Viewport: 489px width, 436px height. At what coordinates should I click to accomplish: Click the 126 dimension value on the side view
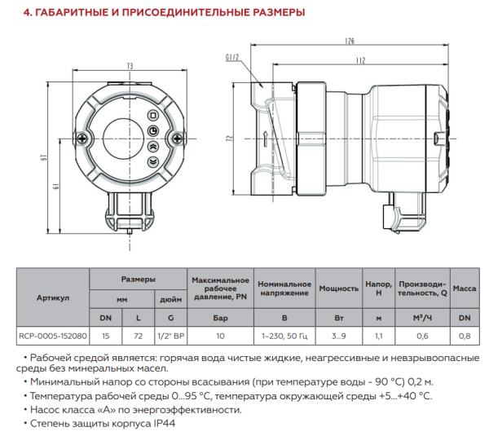click(350, 40)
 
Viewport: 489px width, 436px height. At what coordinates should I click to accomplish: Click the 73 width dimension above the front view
click(130, 65)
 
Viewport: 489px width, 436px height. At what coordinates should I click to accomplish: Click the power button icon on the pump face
click(152, 132)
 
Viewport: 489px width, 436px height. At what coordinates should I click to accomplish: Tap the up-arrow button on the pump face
click(152, 148)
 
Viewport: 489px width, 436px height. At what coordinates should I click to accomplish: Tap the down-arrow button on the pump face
click(152, 162)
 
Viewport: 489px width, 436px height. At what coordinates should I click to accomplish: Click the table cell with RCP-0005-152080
click(53, 334)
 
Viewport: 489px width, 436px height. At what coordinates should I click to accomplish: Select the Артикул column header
click(53, 297)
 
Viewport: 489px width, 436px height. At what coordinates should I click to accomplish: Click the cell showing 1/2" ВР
click(170, 334)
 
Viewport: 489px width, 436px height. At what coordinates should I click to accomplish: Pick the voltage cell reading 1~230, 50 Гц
click(284, 334)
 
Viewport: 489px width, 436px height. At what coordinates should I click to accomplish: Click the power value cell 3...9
click(338, 334)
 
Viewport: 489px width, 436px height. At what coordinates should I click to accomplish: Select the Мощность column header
click(338, 288)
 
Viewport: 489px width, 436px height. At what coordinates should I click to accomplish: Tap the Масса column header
click(464, 288)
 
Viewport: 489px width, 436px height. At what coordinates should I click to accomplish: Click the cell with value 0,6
click(422, 334)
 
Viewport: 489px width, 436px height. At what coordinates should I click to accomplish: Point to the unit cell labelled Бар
click(219, 316)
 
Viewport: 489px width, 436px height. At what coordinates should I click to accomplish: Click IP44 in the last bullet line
click(163, 424)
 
